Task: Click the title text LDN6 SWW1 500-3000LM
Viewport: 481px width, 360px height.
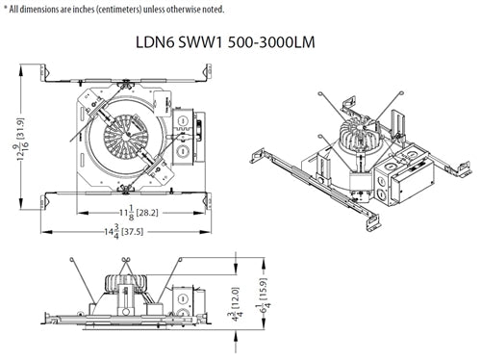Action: (240, 42)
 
